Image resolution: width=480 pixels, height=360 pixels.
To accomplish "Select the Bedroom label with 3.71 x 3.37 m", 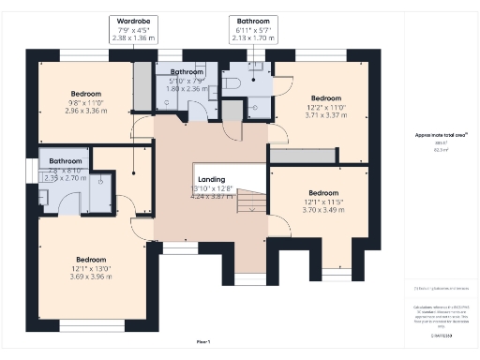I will point(326,97).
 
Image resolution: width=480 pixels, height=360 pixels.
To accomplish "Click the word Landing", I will point(210,179).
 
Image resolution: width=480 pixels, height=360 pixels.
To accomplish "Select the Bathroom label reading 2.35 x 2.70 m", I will point(66,161).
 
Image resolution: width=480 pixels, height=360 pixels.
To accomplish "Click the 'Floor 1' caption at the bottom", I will point(203,341).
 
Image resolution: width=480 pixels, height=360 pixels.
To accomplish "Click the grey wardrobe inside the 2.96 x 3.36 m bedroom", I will point(142,86).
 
